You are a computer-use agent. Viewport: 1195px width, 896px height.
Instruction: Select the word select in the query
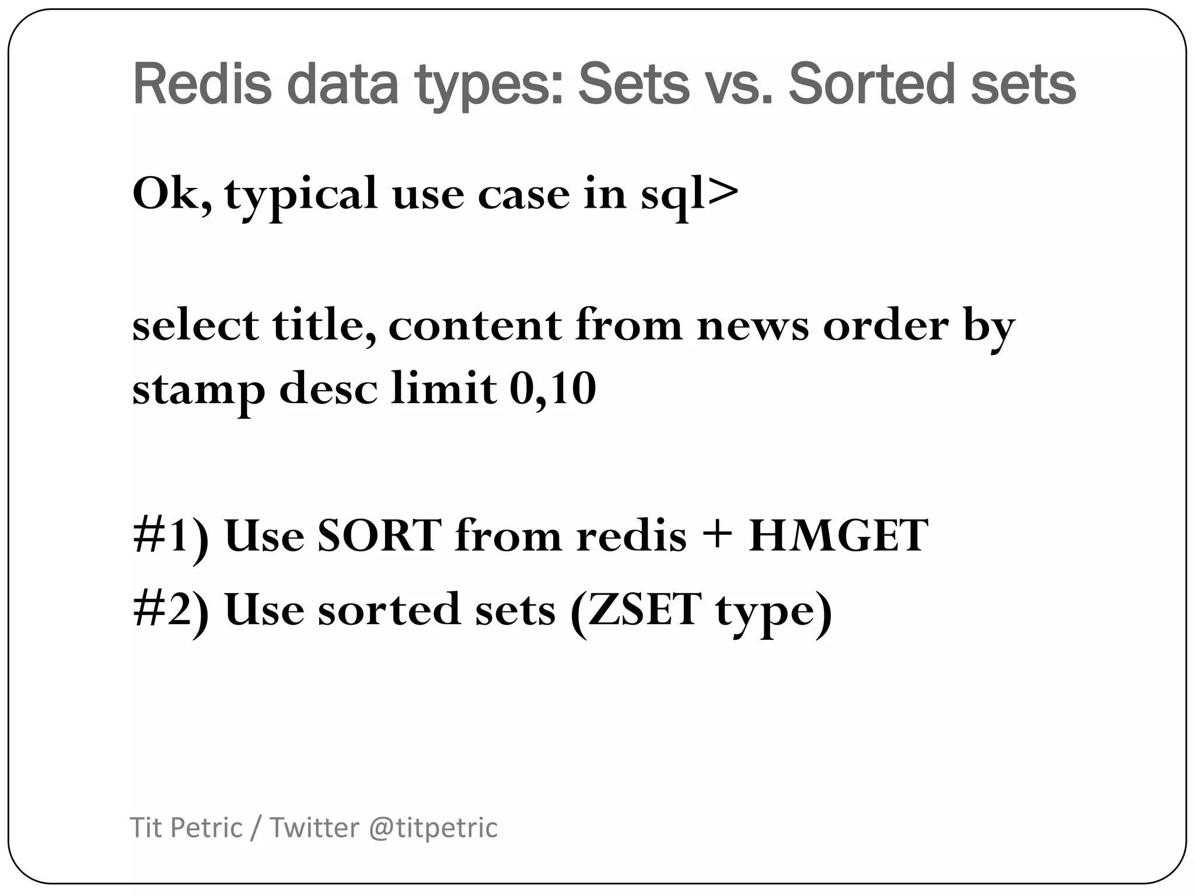pyautogui.click(x=195, y=325)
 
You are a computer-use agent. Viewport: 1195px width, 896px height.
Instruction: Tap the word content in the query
pyautogui.click(x=475, y=325)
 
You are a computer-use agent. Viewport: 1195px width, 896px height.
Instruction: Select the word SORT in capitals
pyautogui.click(x=379, y=535)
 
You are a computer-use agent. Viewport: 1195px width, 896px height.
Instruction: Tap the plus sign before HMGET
pyautogui.click(x=717, y=535)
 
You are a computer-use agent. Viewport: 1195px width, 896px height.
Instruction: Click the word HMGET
pyautogui.click(x=838, y=535)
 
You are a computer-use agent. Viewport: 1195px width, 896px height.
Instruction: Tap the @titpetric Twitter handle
pyautogui.click(x=433, y=828)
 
